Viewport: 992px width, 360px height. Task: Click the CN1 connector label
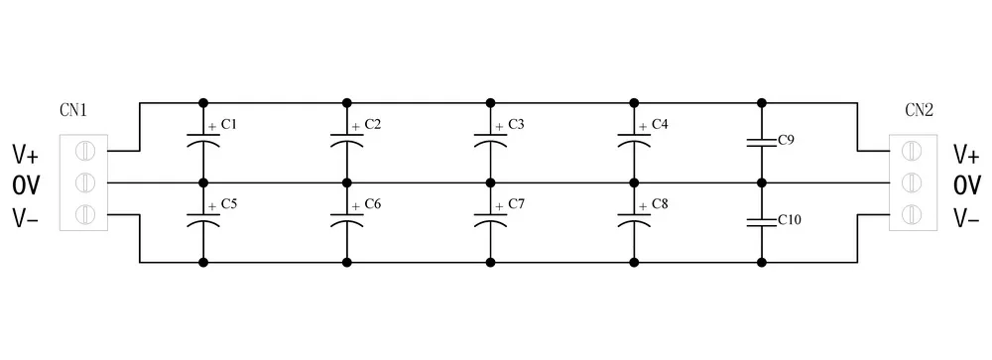[x=73, y=110]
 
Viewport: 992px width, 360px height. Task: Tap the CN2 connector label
[x=919, y=110]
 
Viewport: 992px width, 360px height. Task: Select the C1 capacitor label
[x=229, y=124]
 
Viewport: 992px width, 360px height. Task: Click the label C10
[x=790, y=220]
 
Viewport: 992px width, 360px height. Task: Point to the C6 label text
[x=373, y=204]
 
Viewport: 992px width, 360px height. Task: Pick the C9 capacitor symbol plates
[x=761, y=143]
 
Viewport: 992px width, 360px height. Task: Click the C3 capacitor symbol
[x=490, y=141]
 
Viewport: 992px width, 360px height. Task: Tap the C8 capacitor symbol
[x=634, y=221]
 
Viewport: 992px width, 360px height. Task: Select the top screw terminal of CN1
[x=84, y=151]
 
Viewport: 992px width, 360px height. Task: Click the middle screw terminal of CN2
[x=912, y=182]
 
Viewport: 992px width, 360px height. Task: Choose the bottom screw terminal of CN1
[x=84, y=214]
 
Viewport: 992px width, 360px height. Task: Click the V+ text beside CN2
[x=966, y=155]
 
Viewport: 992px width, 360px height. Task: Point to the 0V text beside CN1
[x=26, y=186]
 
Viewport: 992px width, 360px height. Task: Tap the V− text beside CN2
[x=966, y=218]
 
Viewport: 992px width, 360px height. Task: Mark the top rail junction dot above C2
[x=346, y=102]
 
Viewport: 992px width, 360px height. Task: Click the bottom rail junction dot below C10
[x=761, y=262]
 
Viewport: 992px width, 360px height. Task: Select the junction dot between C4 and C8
[x=634, y=182]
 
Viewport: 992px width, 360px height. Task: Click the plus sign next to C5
[x=212, y=207]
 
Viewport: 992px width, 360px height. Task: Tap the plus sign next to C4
[x=643, y=127]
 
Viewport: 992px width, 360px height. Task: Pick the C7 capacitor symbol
[x=490, y=221]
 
